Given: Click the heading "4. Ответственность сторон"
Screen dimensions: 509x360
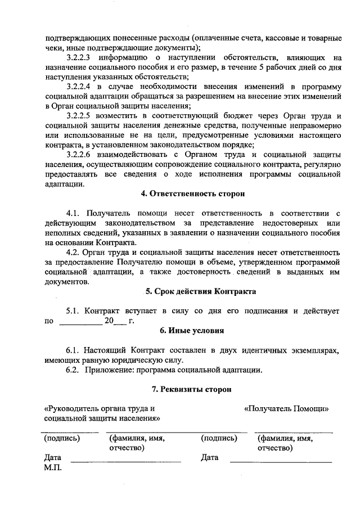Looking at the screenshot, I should pos(193,194).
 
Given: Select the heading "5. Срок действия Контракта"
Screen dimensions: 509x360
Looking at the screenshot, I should pos(193,292).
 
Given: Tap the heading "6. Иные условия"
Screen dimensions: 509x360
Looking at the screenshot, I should pos(193,331).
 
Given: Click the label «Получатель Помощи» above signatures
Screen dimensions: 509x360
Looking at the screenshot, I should pos(286,409).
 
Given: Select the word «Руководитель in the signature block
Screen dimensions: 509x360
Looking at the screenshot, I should pos(71,409).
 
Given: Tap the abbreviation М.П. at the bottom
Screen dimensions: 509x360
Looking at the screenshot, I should pos(53,467).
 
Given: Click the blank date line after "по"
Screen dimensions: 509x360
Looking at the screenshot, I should pos(80,323).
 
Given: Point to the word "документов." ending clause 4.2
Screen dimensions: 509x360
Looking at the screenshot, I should pos(67,281).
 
